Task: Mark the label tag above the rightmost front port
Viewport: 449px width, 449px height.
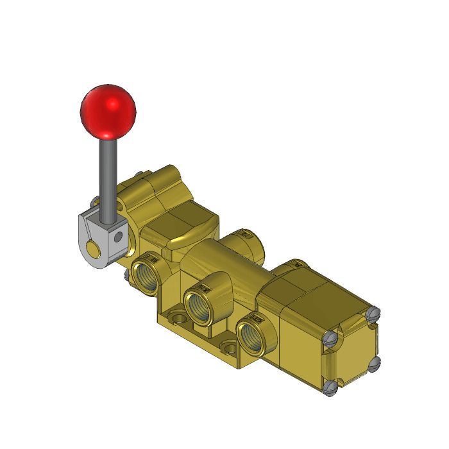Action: [x=256, y=318]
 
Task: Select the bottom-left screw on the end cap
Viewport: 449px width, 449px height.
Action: [x=330, y=386]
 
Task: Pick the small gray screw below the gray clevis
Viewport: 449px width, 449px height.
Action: [x=127, y=275]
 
